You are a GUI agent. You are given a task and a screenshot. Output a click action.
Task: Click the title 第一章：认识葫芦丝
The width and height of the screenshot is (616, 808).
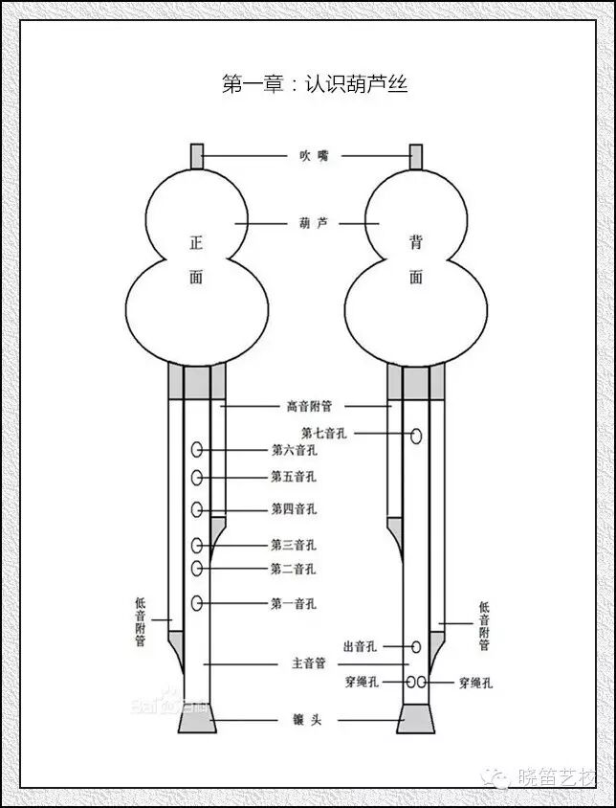[x=315, y=85]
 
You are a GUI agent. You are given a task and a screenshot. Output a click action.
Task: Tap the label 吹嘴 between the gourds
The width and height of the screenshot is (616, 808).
[x=307, y=155]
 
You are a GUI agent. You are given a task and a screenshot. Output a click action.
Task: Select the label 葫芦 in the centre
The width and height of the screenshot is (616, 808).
[x=307, y=222]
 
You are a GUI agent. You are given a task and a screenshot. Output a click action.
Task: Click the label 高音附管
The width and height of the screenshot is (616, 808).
[x=307, y=406]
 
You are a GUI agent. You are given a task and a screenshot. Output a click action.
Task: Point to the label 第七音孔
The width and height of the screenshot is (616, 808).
[x=323, y=434]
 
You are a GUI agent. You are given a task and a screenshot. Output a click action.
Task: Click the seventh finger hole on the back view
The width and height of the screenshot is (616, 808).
[x=417, y=437]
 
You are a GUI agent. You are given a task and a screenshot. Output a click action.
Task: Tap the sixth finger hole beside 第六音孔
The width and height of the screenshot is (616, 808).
[x=197, y=449]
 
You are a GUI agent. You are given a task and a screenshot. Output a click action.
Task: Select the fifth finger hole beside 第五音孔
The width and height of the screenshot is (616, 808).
[x=197, y=477]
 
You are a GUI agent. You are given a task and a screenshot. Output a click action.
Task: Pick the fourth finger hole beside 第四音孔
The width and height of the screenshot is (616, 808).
[x=197, y=509]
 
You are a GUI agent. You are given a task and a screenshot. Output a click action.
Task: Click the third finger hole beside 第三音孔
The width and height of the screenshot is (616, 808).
[x=197, y=546]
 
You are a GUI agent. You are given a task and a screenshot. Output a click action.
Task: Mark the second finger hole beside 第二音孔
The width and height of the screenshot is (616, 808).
[x=197, y=569]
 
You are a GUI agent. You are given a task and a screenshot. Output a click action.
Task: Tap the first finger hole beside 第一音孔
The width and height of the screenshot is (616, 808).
[x=197, y=603]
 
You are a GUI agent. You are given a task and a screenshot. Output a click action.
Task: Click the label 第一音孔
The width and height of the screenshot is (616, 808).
[x=293, y=604]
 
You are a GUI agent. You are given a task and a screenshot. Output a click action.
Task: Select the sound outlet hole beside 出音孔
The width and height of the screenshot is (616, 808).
[x=416, y=647]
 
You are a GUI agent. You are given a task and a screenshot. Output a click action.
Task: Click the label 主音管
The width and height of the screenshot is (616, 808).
[x=308, y=662]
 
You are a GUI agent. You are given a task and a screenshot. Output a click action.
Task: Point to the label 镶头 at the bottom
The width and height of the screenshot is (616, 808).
[x=308, y=719]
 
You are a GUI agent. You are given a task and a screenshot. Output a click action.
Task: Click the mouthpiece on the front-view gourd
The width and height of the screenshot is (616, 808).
[x=197, y=154]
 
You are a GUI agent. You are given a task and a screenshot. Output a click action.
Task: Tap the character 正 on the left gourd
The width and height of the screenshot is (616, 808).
[x=197, y=245]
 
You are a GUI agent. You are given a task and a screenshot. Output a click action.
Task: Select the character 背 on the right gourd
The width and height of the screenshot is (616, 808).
[x=416, y=245]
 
